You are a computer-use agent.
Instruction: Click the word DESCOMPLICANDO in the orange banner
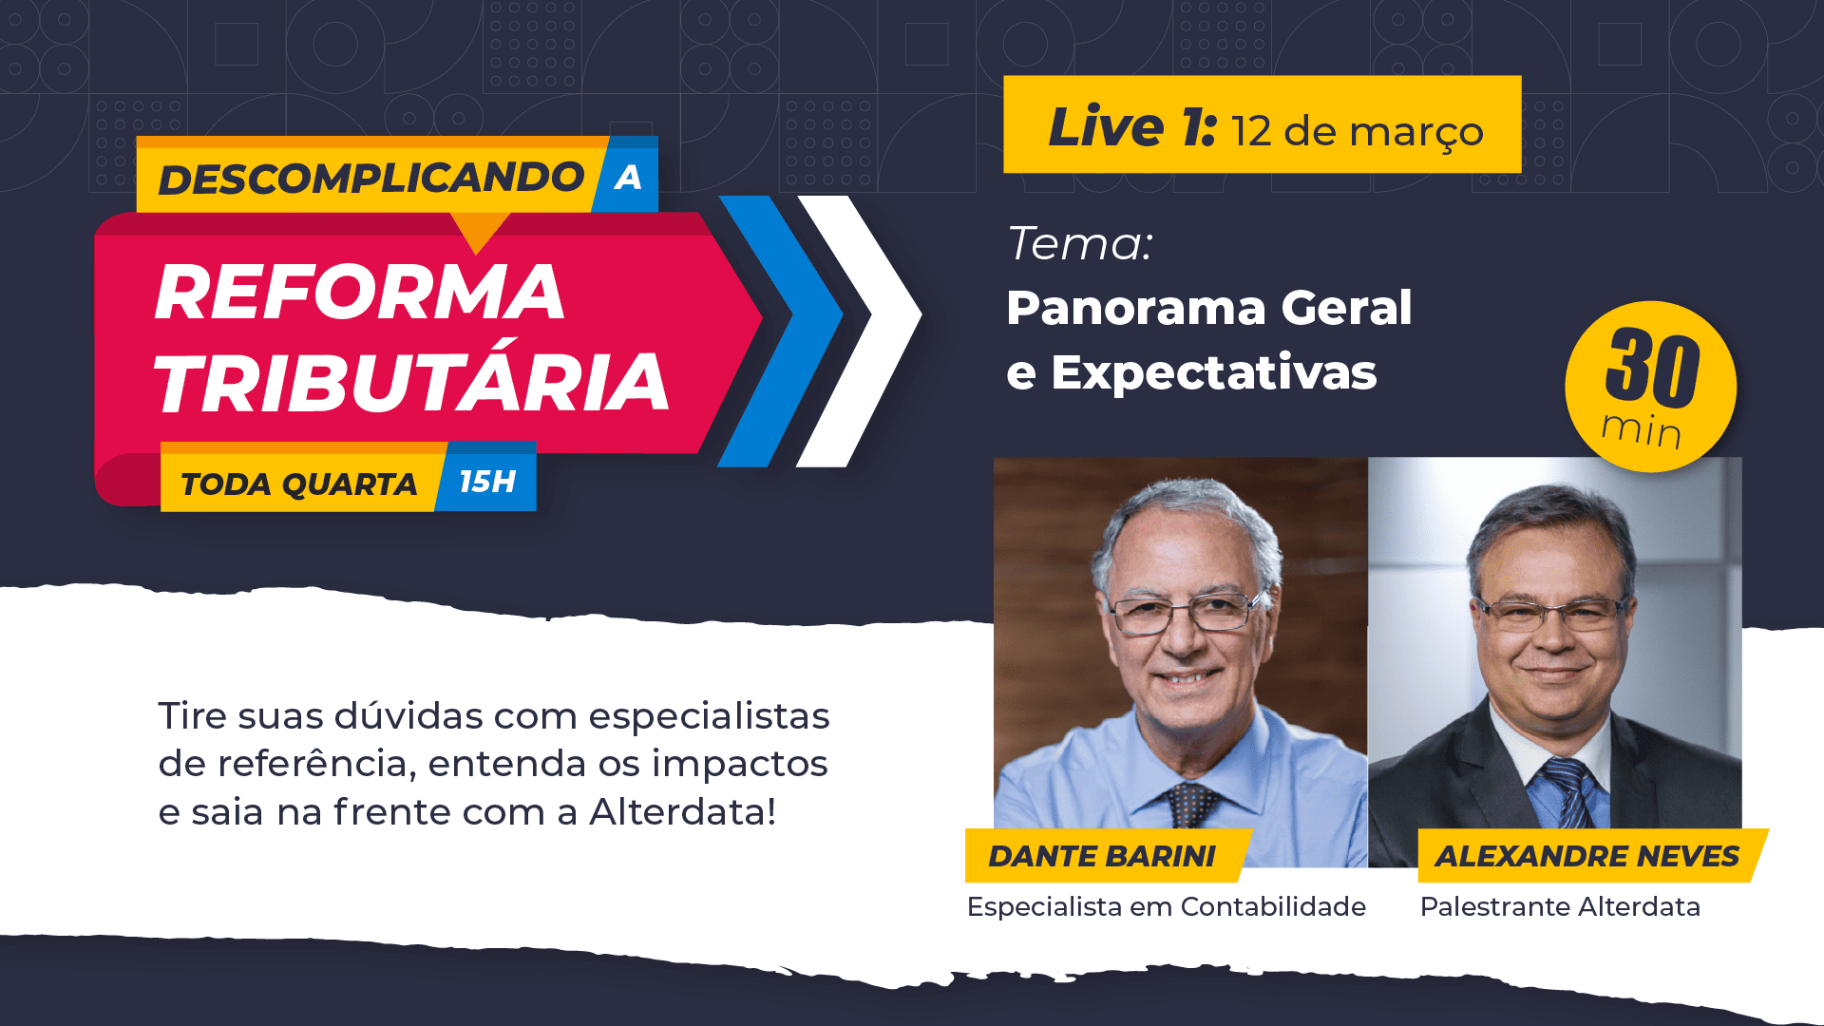click(370, 179)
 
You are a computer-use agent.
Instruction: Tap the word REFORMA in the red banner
click(360, 292)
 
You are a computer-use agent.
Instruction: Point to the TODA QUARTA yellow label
click(299, 484)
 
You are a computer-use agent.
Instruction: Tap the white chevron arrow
click(859, 331)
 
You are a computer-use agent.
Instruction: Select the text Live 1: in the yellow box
click(1131, 126)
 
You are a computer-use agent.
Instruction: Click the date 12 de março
click(1358, 132)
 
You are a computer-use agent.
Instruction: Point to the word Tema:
click(1080, 243)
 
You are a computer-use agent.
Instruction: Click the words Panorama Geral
click(1209, 308)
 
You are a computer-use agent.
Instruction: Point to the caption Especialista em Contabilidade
click(1167, 907)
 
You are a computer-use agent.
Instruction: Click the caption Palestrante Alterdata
click(1560, 907)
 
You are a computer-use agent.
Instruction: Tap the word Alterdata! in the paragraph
click(683, 812)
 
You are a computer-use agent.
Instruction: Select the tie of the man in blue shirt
click(1188, 805)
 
